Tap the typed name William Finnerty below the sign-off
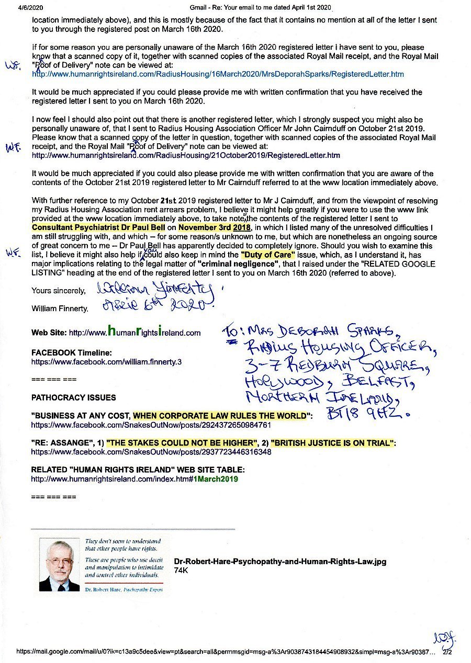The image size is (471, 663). click(x=60, y=309)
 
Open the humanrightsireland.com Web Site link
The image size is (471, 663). click(x=134, y=333)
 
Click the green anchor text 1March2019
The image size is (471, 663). click(x=216, y=478)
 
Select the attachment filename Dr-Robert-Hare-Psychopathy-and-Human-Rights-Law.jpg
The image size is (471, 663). click(x=280, y=562)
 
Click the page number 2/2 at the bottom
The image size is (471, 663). click(x=447, y=653)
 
